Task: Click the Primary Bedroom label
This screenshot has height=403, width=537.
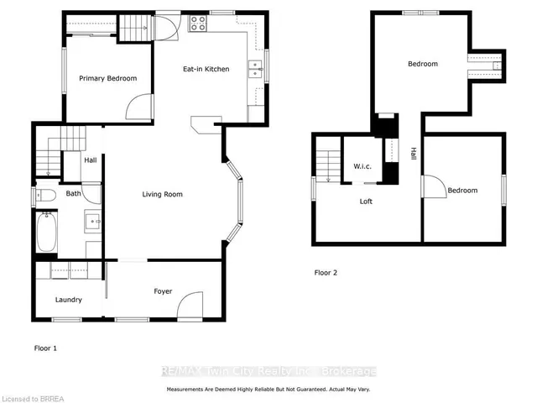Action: click(107, 78)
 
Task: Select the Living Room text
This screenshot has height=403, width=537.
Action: click(162, 194)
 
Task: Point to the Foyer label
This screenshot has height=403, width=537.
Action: click(163, 291)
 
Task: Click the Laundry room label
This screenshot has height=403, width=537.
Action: click(68, 299)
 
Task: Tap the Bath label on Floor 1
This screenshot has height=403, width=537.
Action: click(74, 194)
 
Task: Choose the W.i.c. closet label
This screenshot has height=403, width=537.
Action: click(362, 165)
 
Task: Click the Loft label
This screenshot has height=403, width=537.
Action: click(366, 201)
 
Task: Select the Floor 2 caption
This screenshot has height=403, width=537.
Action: click(326, 273)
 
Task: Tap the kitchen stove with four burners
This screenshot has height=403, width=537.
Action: click(199, 24)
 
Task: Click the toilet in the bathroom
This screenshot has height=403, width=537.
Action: click(47, 195)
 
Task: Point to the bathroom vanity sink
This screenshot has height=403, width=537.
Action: click(92, 223)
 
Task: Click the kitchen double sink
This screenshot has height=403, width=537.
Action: click(255, 70)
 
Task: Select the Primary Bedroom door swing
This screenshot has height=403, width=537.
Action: click(139, 106)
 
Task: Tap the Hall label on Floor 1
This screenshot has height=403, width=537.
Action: click(90, 160)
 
